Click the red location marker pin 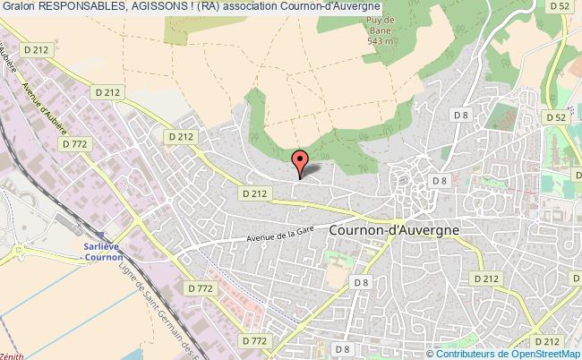click(x=299, y=162)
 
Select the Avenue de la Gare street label click(x=285, y=236)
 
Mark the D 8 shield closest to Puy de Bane click(x=460, y=115)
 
